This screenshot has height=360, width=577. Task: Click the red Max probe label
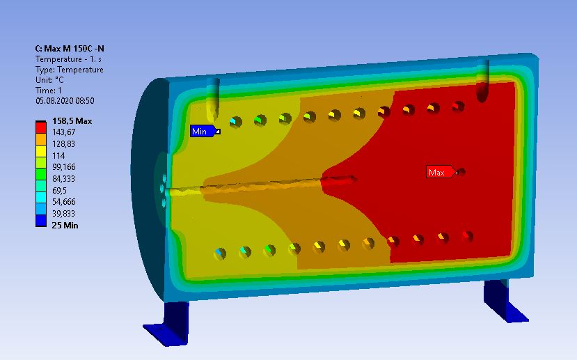pos(438,172)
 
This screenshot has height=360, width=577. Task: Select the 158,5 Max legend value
pos(72,121)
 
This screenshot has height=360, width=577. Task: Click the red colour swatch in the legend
pos(41,128)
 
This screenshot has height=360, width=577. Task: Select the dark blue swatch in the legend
pos(41,221)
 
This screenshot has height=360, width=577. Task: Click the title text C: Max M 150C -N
pos(70,49)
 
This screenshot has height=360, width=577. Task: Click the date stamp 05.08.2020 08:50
pos(65,101)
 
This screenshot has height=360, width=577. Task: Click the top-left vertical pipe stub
pos(214,98)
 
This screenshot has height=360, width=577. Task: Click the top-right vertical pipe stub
pos(482,80)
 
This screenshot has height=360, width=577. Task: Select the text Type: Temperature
pos(69,70)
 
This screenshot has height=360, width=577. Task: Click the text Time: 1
pos(49,91)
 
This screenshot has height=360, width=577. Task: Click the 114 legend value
pos(58,156)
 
